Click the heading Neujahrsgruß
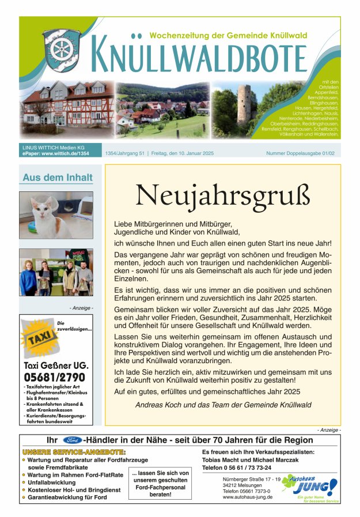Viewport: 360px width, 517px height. [226, 196]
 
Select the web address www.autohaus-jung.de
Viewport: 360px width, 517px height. [248, 497]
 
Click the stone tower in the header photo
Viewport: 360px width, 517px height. [246, 106]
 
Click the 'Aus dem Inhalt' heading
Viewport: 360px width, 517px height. [56, 178]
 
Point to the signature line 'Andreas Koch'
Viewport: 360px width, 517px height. [223, 405]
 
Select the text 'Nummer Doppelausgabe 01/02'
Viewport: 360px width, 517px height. [300, 154]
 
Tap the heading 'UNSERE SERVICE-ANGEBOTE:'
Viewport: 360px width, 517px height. [74, 451]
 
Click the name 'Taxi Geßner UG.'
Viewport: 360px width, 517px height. [56, 365]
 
